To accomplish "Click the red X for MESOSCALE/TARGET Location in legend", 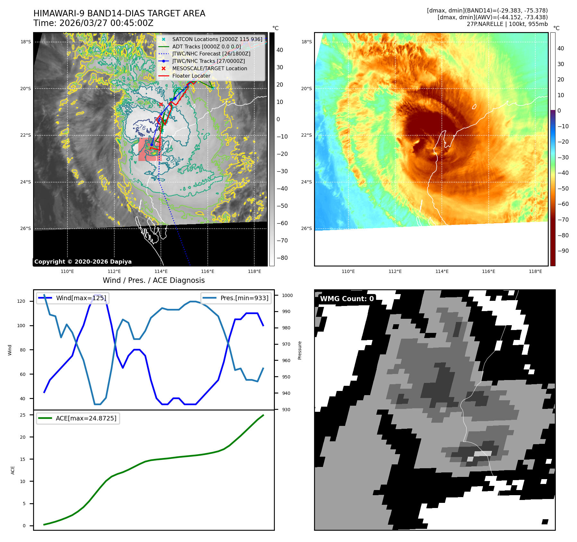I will tap(163, 69).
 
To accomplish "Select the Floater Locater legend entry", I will tap(191, 76).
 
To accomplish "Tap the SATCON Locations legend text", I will tap(217, 39).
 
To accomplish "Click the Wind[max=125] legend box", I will tap(73, 298).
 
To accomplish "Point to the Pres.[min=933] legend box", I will tap(236, 298).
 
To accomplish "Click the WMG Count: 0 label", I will tap(347, 299).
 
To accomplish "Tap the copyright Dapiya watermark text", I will tap(83, 262).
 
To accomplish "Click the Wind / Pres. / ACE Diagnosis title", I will tap(153, 280).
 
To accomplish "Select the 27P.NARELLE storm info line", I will tap(507, 24).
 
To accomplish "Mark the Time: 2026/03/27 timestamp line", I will tap(93, 23).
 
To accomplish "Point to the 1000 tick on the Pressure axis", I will tap(287, 295).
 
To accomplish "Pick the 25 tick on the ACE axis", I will tap(23, 415).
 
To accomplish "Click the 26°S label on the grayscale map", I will tap(26, 229).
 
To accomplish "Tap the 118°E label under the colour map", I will tap(535, 272).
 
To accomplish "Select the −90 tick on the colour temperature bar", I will tap(563, 251).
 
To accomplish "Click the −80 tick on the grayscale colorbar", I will tap(282, 258).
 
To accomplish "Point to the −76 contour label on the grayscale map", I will tap(140, 127).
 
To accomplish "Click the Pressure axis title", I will tap(300, 350).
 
